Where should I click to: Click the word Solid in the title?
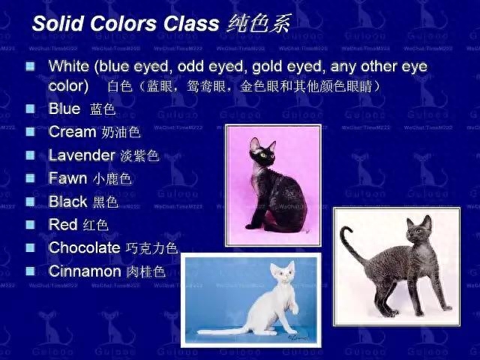58,23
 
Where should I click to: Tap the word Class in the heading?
191,23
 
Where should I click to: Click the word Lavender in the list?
82,155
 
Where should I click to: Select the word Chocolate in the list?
85,247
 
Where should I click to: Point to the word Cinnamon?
85,271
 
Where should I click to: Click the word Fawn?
68,178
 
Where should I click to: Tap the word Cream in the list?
73,132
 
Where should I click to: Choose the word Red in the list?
63,224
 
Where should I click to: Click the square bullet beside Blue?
30,109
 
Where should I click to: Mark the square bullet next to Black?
30,202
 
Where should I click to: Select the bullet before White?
30,66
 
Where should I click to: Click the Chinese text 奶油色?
121,132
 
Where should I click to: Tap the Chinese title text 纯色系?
258,23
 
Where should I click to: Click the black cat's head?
262,151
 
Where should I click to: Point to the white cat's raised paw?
295,309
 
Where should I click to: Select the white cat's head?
283,273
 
